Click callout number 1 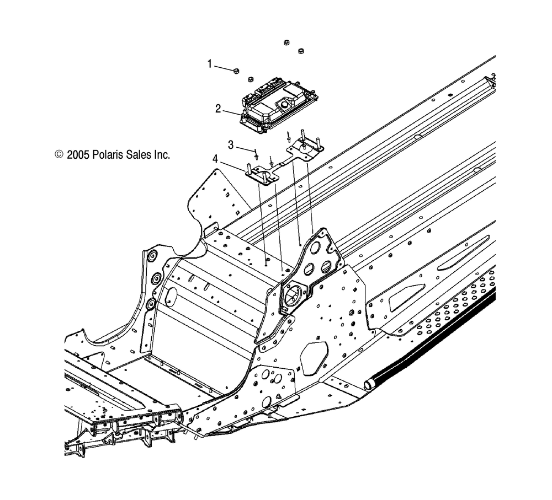coord(209,64)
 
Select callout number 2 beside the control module coord(218,109)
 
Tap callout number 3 coord(231,144)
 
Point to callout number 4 coord(215,159)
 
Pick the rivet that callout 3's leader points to coord(256,151)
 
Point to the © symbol coord(59,155)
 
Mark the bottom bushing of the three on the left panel coord(150,304)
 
